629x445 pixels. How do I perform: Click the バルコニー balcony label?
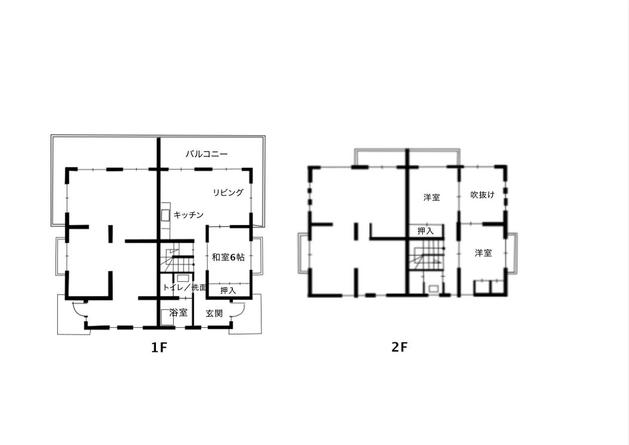click(x=207, y=154)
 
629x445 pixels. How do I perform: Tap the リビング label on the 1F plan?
click(x=228, y=192)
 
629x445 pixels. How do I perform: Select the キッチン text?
click(x=189, y=215)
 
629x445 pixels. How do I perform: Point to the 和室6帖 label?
click(x=228, y=257)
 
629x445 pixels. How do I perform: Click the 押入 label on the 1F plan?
click(x=228, y=291)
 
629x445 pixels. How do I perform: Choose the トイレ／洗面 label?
click(x=185, y=287)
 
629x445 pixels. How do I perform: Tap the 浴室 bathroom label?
click(x=179, y=312)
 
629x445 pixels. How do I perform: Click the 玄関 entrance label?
click(x=214, y=314)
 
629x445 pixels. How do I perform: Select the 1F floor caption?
click(x=158, y=348)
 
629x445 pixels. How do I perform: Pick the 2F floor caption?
click(x=399, y=346)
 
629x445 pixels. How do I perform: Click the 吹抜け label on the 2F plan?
click(x=482, y=195)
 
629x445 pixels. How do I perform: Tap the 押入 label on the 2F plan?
click(x=425, y=231)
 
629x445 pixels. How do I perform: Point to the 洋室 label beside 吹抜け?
click(x=432, y=198)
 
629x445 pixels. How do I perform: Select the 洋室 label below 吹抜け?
click(x=483, y=253)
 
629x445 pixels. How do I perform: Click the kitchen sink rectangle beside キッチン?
click(x=165, y=215)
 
